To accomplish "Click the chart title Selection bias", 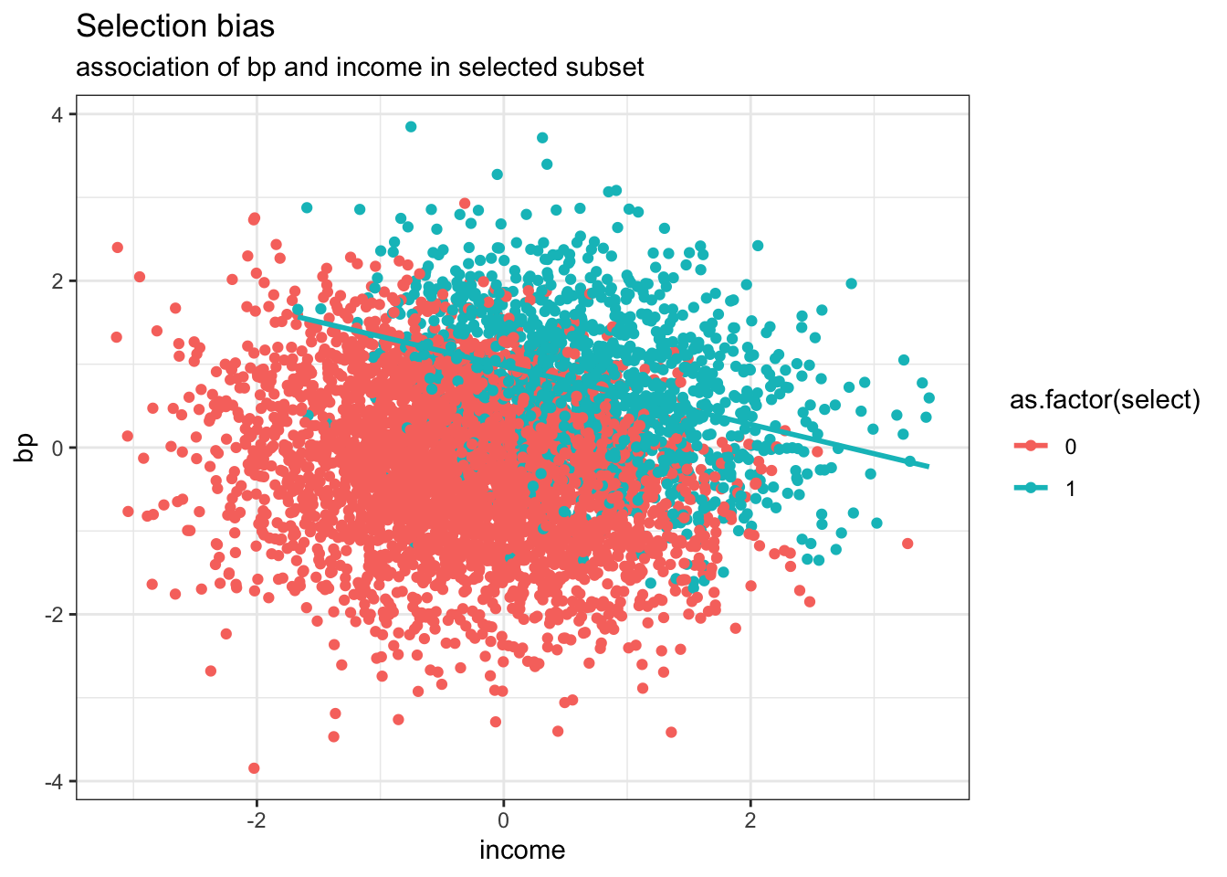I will [x=175, y=27].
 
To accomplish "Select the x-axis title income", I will [x=522, y=851].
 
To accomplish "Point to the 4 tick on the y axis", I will [x=58, y=114].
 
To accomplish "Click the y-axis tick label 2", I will [x=58, y=281].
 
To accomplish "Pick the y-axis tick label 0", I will [x=58, y=448].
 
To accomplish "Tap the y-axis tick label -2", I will [x=54, y=615].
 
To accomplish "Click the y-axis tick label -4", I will [x=54, y=782].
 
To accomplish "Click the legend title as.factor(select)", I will [x=1104, y=400].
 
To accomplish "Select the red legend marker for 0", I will [x=1032, y=447].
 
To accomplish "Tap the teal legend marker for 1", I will [x=1032, y=489].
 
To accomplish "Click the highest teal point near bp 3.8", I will [x=411, y=127].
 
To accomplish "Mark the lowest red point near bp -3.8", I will [x=254, y=768].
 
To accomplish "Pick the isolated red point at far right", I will [x=907, y=544].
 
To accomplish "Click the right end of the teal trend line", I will [x=928, y=467].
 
